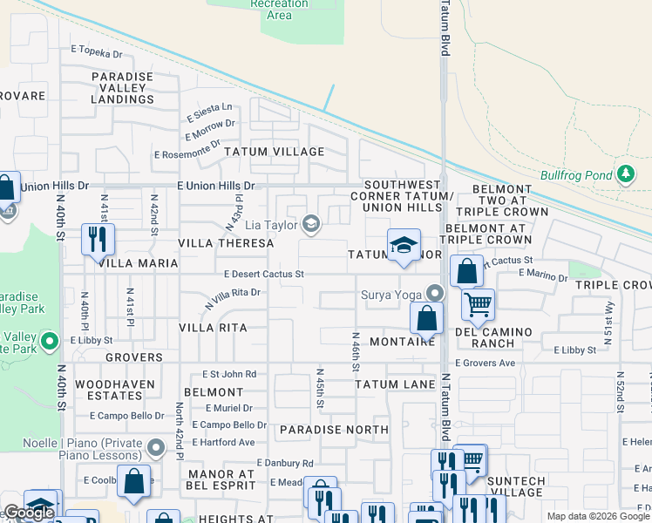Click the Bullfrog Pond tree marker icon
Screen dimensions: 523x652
click(625, 174)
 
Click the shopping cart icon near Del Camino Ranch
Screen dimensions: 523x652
click(478, 304)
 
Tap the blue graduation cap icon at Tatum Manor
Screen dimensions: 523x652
click(404, 245)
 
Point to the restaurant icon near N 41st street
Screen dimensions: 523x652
click(97, 238)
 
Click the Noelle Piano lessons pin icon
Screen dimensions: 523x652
click(157, 448)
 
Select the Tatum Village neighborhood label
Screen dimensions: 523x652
click(275, 152)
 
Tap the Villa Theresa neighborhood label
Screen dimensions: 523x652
click(225, 244)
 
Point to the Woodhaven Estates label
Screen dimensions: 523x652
click(115, 390)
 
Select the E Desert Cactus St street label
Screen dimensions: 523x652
click(263, 274)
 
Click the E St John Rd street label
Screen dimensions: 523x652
click(227, 374)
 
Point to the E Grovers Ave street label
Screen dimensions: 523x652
click(485, 363)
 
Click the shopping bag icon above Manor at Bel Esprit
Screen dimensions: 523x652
click(134, 482)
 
